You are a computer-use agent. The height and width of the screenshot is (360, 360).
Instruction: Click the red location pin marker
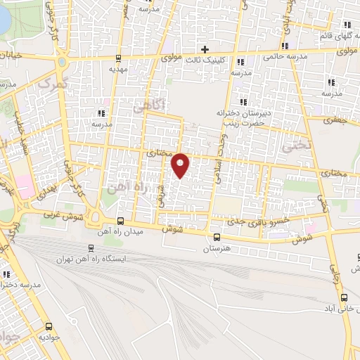pos(181,165)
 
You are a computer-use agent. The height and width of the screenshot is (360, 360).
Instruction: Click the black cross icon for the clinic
pos(205,49)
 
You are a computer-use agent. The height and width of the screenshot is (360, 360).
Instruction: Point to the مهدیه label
pos(117,70)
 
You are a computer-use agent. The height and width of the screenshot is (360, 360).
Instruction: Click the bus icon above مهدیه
pos(117,58)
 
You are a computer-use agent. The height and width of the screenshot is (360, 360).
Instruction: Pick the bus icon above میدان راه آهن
pos(121,221)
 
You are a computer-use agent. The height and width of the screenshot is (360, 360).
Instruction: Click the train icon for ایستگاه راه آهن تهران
pos(90,247)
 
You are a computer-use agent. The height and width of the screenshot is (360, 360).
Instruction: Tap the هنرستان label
pos(217,249)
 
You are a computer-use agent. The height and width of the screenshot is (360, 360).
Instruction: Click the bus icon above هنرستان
pos(217,237)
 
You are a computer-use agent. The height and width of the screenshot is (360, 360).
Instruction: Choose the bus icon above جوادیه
pos(49,326)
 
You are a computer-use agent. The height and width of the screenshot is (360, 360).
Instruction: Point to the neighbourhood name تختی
pos(290,148)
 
